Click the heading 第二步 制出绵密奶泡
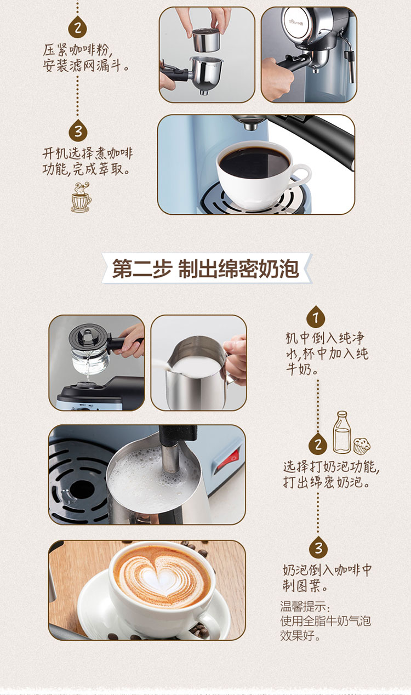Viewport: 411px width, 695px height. click(x=206, y=269)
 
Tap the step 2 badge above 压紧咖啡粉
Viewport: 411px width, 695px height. click(x=78, y=28)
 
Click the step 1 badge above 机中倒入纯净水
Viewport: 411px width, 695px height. click(x=316, y=317)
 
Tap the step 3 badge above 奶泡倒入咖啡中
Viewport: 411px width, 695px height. click(x=318, y=547)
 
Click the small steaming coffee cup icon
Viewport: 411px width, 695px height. click(x=81, y=197)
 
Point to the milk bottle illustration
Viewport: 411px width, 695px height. click(x=342, y=432)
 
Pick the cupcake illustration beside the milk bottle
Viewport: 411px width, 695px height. click(x=362, y=446)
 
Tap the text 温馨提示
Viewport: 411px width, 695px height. click(x=303, y=606)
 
